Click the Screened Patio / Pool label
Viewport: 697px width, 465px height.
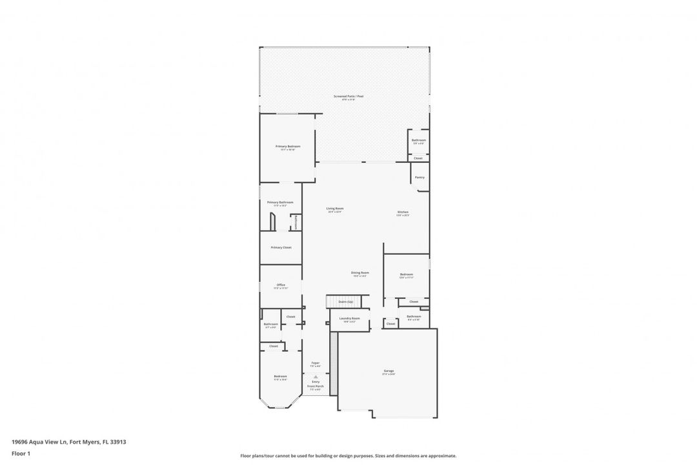click(x=348, y=96)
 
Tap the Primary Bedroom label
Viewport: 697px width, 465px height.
click(x=288, y=147)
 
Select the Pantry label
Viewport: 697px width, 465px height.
click(x=419, y=177)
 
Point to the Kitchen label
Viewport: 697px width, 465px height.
click(x=402, y=212)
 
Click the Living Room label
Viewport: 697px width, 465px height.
click(x=334, y=209)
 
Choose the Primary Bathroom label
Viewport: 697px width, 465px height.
click(x=280, y=202)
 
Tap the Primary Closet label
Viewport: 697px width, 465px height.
click(x=281, y=247)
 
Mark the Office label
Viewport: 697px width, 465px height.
click(x=281, y=285)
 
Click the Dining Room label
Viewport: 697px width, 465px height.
click(x=359, y=273)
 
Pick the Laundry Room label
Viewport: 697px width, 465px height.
click(x=349, y=318)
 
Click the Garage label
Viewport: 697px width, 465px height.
click(x=389, y=371)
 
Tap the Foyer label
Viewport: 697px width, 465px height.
click(x=316, y=363)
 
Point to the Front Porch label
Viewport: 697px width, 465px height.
click(x=316, y=386)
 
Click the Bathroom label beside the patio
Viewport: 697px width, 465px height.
click(x=419, y=140)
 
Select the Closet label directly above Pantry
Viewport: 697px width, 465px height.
click(x=418, y=158)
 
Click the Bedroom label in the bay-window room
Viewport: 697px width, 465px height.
click(x=280, y=377)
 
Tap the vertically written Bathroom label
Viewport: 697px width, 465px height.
click(x=296, y=222)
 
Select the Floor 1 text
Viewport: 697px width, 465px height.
click(x=21, y=454)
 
